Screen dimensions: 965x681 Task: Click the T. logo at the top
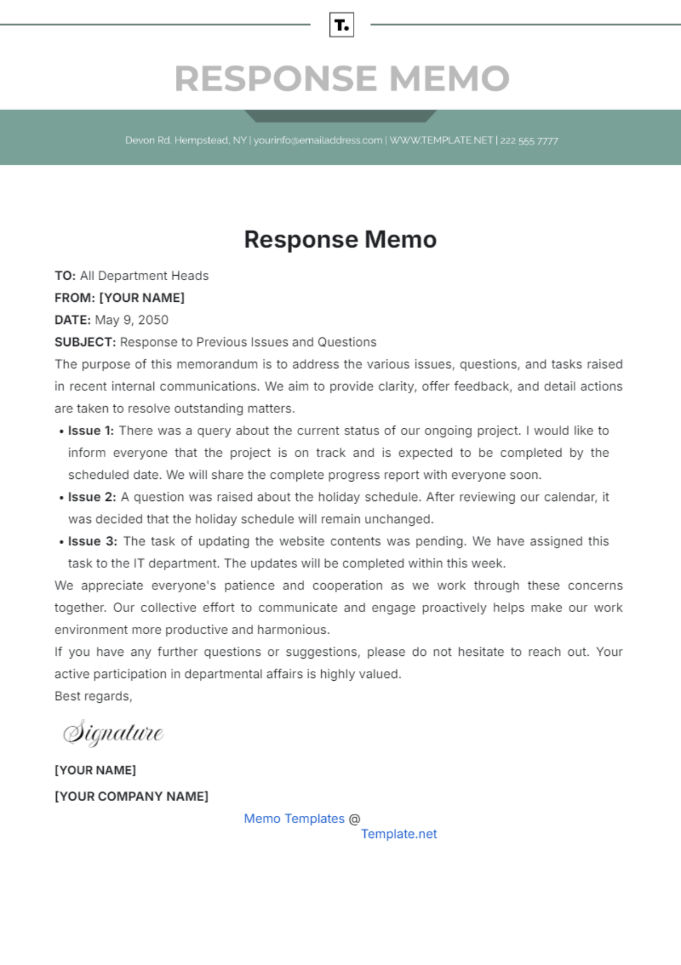[x=342, y=25]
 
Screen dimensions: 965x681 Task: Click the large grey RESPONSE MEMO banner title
[x=342, y=78]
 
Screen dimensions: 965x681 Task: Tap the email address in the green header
[x=318, y=140]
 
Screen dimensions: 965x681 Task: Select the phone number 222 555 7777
[x=529, y=141]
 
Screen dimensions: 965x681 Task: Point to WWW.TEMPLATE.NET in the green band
[x=441, y=140]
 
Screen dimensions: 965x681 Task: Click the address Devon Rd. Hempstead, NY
[x=186, y=140]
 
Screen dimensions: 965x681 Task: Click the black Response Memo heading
[x=340, y=239]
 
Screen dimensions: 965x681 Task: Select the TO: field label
[x=65, y=276]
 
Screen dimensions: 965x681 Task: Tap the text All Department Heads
[x=144, y=276]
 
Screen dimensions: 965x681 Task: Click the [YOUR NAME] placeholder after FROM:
[x=142, y=298]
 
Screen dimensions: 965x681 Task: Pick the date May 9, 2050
[x=132, y=320]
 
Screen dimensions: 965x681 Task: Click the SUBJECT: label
[x=85, y=342]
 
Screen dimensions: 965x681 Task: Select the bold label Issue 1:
[x=91, y=431]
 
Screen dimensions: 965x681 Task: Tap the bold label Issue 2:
[x=91, y=497]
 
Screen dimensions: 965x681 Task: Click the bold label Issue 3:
[x=92, y=541]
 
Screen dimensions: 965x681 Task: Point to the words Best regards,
[x=93, y=696]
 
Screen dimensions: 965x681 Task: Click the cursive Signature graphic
[x=113, y=732]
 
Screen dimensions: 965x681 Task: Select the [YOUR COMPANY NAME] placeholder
[x=131, y=797]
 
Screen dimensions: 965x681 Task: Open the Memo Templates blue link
[x=294, y=819]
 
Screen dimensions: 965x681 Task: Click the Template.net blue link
[x=399, y=834]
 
